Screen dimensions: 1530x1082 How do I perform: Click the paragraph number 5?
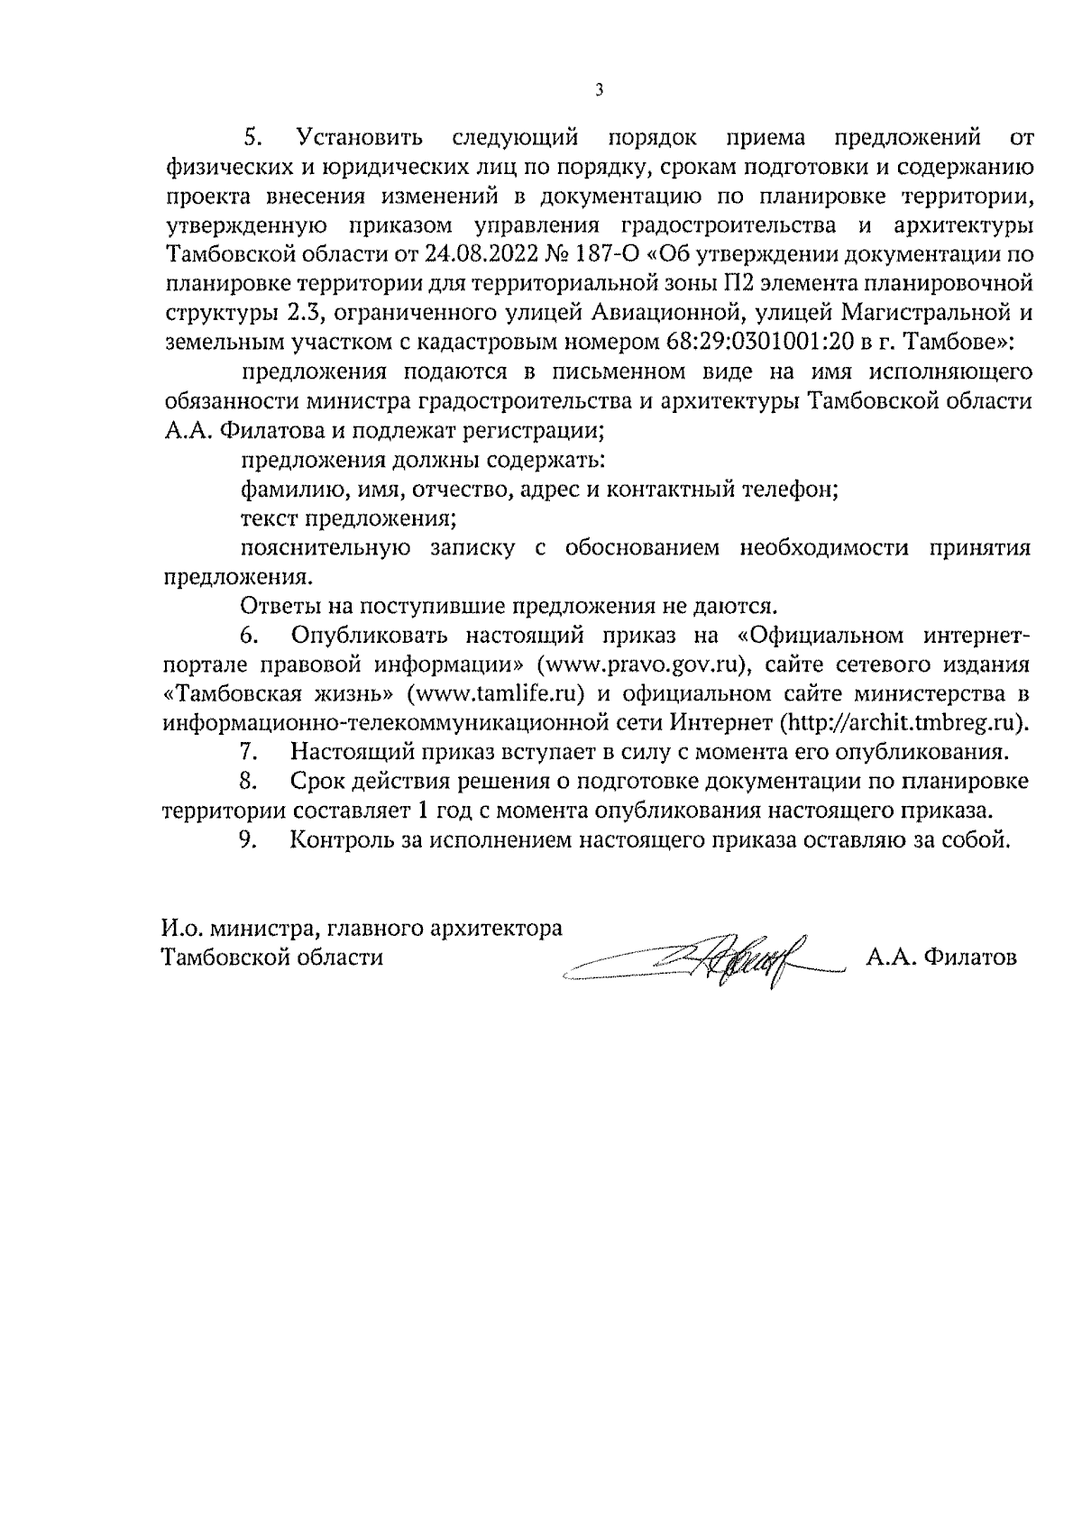(252, 139)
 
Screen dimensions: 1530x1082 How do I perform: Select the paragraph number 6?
(252, 636)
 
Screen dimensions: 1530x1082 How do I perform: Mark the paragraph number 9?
(252, 839)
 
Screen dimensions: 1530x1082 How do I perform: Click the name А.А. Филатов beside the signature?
(941, 957)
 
